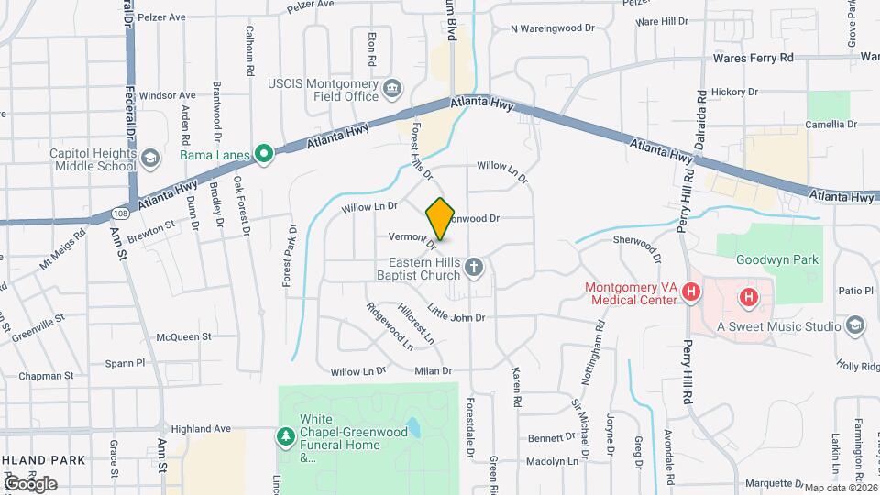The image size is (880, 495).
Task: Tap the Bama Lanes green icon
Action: click(x=265, y=153)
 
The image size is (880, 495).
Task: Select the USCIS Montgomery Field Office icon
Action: click(x=393, y=89)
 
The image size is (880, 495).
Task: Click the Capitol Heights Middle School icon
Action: click(x=147, y=159)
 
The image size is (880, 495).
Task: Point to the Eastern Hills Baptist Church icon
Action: click(x=473, y=268)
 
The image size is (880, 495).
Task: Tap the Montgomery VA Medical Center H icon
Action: click(x=692, y=294)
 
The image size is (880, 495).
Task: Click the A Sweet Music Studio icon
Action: click(x=854, y=324)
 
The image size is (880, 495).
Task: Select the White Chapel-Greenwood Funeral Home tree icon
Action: click(x=286, y=436)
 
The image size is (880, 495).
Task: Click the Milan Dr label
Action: click(x=434, y=371)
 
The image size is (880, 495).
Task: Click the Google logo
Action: click(x=31, y=483)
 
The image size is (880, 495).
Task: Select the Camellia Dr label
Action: click(x=830, y=124)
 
